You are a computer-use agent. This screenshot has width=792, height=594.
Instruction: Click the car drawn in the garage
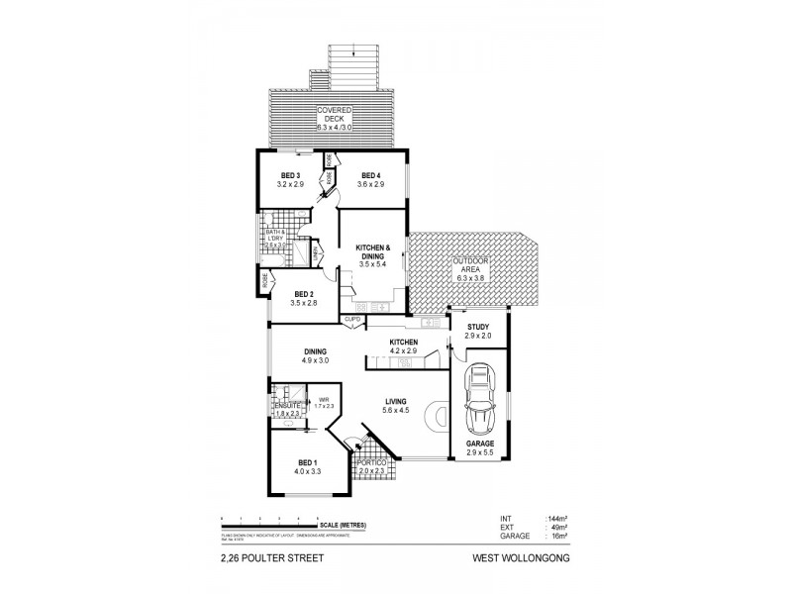click(479, 391)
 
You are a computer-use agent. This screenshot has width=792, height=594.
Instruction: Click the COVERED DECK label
click(332, 118)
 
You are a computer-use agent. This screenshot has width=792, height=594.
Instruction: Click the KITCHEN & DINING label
click(374, 251)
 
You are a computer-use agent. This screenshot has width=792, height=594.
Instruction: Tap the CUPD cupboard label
click(351, 320)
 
